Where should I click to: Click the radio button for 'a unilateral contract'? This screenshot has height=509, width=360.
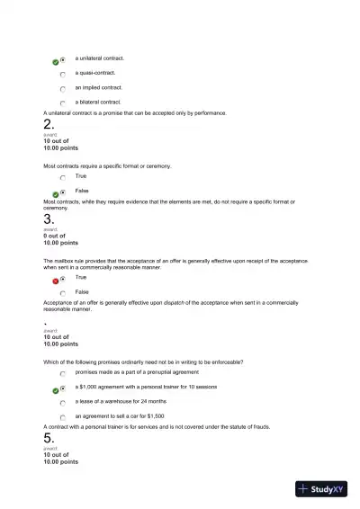pos(63,59)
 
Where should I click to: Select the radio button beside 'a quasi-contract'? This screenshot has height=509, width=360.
pos(63,74)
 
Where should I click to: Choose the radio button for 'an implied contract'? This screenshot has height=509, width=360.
pos(63,89)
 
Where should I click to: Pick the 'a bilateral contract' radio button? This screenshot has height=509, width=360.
pos(63,103)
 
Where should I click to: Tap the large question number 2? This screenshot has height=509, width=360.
pos(49,125)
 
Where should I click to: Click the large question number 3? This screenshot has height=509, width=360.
pos(49,219)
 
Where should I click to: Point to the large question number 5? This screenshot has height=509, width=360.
pos(49,438)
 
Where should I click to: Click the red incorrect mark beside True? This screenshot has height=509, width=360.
pos(56,281)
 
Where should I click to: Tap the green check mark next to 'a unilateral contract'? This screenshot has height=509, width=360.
pos(56,60)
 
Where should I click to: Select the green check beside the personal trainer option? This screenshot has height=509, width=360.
pos(56,389)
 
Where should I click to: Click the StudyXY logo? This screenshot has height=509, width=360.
pos(321,489)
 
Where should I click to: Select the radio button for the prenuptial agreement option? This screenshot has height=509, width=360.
pos(63,373)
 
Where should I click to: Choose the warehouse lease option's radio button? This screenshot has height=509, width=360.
pos(63,403)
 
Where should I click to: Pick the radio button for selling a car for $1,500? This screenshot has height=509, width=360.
pos(63,417)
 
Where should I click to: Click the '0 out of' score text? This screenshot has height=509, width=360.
pos(56,236)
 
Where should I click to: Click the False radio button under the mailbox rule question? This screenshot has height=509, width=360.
pos(63,293)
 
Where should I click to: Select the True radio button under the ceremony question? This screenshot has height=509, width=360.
pos(63,178)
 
